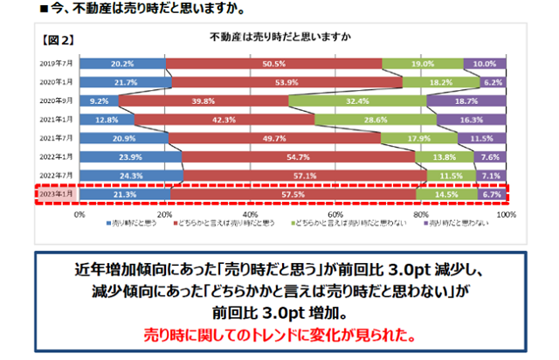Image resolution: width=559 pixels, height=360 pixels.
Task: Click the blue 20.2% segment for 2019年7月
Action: [x=122, y=64]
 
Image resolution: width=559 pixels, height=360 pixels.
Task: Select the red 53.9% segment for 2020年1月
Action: [x=286, y=82]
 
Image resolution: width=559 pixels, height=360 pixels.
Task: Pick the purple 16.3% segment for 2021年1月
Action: [x=471, y=119]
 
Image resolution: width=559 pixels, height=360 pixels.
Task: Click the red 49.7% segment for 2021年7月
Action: [x=274, y=138]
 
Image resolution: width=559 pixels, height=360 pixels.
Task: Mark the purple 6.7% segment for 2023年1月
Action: [x=491, y=194]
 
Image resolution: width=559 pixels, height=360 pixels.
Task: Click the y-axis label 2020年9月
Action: [x=56, y=100]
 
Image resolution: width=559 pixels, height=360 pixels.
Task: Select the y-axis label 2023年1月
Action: [x=56, y=194]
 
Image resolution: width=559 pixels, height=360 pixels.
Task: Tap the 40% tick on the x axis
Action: [x=250, y=214]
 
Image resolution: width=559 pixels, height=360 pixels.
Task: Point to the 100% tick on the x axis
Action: [x=505, y=214]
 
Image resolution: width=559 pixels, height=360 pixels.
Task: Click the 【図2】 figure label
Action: [x=59, y=39]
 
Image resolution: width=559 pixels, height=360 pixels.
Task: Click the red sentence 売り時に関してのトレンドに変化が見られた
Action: [x=279, y=336]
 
